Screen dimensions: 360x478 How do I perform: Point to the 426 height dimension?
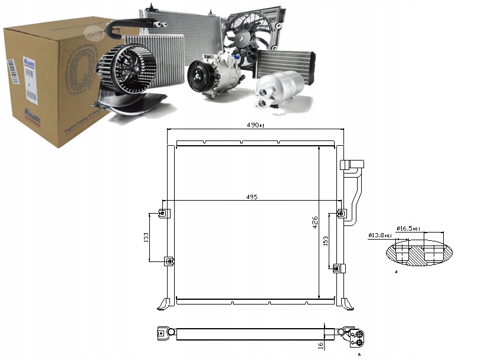point(315,222)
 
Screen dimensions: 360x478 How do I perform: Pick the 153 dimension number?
point(325,241)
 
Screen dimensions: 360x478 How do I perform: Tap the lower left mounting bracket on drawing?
point(169,260)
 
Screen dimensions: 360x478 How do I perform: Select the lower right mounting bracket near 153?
point(338,268)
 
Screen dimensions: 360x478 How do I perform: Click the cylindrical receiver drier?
point(279,91)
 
